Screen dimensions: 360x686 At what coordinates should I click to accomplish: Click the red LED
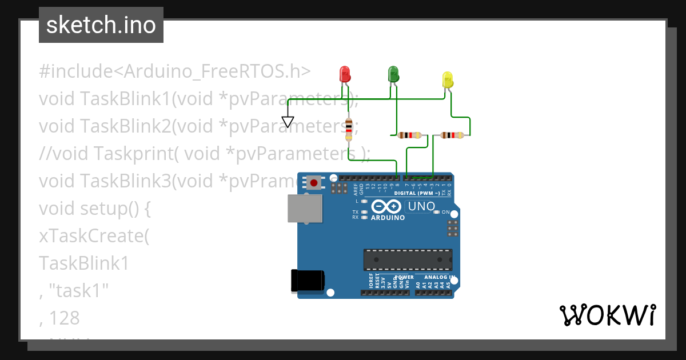coord(344,74)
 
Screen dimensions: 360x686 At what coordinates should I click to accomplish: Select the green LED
coord(393,74)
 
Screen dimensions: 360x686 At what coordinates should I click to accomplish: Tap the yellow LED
coord(447,79)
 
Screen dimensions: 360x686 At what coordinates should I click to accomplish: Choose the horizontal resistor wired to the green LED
coord(409,135)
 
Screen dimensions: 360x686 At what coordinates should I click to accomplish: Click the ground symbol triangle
coord(288,122)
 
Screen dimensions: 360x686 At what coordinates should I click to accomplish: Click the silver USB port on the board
coord(304,208)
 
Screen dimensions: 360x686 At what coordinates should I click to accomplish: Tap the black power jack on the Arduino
coord(307,280)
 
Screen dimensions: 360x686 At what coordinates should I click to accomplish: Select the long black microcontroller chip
coord(408,259)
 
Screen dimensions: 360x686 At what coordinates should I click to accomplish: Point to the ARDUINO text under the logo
coord(388,218)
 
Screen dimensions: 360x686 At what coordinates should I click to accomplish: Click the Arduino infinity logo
coord(387,206)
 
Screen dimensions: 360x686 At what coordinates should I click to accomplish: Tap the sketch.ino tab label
coord(101,25)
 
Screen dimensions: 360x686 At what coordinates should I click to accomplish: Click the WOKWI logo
coord(607,315)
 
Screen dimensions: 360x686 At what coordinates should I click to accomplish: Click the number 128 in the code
coord(64,318)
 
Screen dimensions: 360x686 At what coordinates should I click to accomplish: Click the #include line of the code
coord(174,71)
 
